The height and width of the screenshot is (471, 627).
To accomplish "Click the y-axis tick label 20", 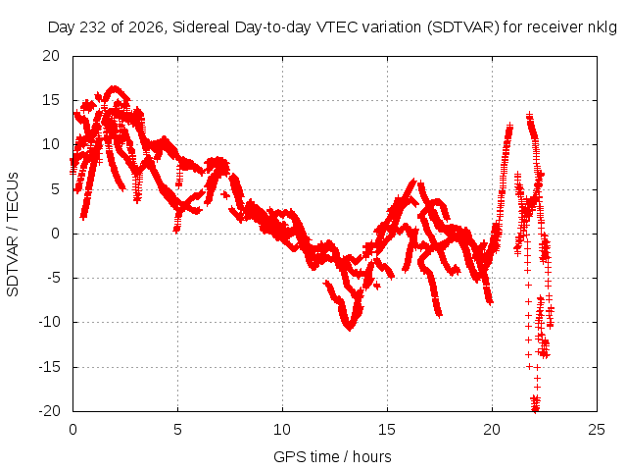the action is coord(51,56).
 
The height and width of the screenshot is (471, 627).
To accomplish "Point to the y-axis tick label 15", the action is coord(51,100).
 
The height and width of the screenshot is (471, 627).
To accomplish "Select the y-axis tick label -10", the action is coord(49,322).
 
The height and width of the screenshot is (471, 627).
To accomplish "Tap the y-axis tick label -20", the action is coord(49,411).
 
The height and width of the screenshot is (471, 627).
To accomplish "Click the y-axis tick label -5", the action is coord(53,278).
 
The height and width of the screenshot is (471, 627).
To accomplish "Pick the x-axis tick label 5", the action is coord(177,430).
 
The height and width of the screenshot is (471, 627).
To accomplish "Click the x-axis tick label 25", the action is coord(597,430).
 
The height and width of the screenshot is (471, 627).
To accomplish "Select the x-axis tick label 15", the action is coord(387,430).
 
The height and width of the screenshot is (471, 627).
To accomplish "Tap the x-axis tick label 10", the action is coord(282,430).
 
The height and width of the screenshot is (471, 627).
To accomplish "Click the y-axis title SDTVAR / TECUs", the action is coord(13,235).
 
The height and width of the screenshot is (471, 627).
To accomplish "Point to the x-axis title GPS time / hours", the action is coord(332,456).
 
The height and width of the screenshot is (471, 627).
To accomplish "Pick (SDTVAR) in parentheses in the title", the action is coord(463,27).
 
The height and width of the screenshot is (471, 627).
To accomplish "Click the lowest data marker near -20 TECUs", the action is coord(535,409).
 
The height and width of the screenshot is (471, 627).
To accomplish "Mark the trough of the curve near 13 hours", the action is coord(350,327).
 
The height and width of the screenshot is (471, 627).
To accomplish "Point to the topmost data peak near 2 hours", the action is coord(115,88).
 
